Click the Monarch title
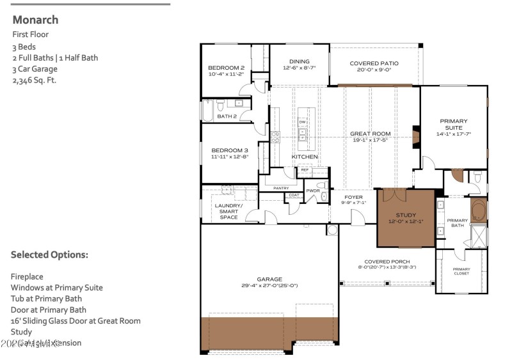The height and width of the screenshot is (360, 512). (x=35, y=20)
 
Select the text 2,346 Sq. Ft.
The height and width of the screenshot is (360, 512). (x=34, y=81)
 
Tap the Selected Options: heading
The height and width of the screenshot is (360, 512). (x=49, y=254)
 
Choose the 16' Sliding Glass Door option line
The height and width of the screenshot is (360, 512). (x=76, y=321)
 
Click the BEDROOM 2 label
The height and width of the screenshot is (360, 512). (x=226, y=68)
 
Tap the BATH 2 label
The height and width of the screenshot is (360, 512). (x=227, y=116)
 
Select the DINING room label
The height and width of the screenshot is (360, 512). (x=299, y=61)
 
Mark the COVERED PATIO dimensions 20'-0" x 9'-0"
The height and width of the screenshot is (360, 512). (x=374, y=70)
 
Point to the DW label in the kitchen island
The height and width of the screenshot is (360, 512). (x=302, y=121)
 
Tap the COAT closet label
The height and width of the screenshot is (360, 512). (x=294, y=195)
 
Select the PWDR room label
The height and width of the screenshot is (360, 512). (x=313, y=191)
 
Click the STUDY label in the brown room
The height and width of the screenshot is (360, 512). (x=405, y=215)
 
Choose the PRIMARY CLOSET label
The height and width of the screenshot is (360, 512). (x=461, y=271)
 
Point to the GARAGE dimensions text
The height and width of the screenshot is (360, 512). (x=269, y=286)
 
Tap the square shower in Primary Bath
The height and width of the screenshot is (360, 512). (x=478, y=236)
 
